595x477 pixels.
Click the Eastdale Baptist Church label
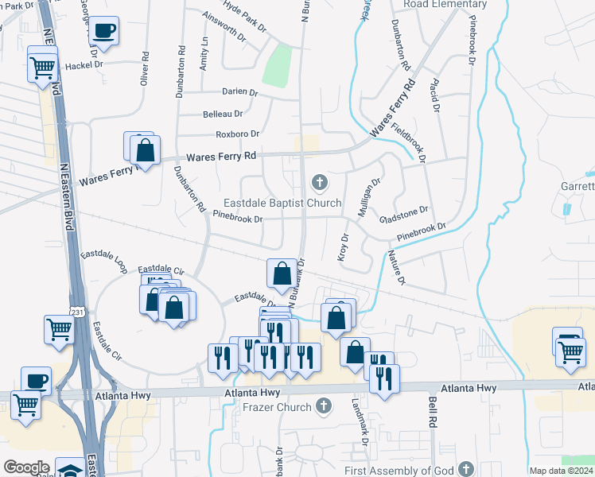[x=282, y=203]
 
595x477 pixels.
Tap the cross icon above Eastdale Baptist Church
[x=320, y=184]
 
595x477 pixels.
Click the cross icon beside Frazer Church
[x=322, y=407]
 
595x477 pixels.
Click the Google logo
[x=26, y=467]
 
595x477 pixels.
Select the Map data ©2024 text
[x=561, y=471]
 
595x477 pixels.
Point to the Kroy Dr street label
[x=344, y=247]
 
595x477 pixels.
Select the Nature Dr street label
[x=396, y=268]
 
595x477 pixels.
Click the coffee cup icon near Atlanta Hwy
[x=35, y=380]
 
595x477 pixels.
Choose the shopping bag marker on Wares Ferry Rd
[x=145, y=149]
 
